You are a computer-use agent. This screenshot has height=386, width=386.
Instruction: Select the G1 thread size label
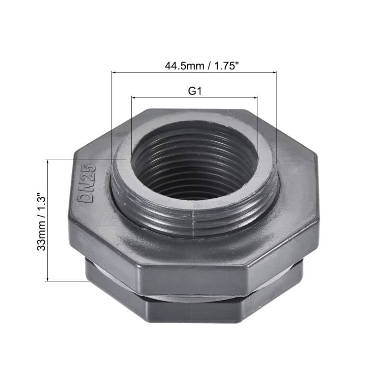point(194,91)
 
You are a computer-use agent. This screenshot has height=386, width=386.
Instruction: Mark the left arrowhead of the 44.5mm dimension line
point(114,72)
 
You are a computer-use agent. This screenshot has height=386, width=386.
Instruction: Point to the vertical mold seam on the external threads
point(193,220)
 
